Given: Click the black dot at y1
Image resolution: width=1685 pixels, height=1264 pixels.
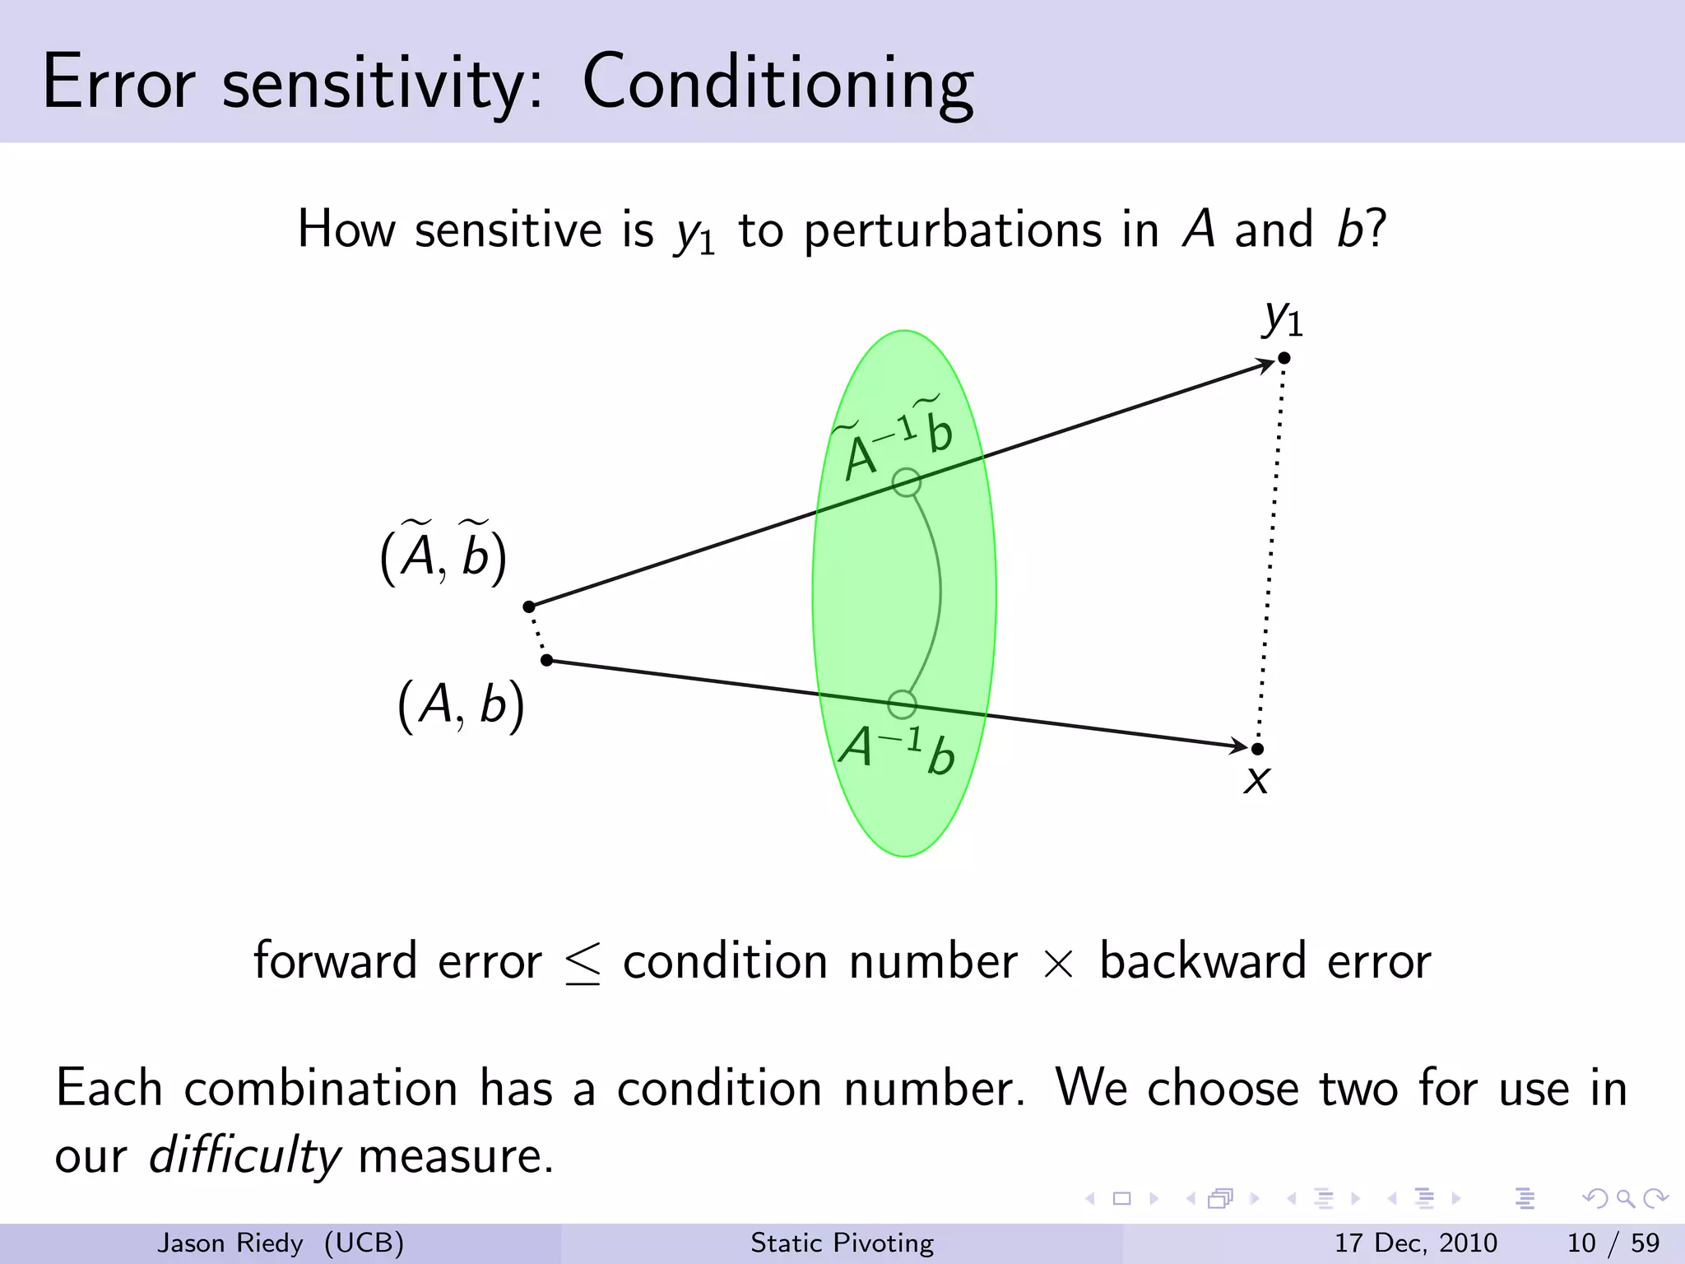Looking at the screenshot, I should pyautogui.click(x=1283, y=358).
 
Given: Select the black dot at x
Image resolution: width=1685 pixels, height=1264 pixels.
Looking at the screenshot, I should pyautogui.click(x=1257, y=749).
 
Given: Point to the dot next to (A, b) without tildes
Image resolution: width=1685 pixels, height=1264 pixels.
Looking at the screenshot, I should pyautogui.click(x=547, y=660).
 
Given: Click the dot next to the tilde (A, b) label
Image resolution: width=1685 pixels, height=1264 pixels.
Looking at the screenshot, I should pyautogui.click(x=529, y=606).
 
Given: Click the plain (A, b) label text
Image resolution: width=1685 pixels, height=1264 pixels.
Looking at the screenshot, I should pyautogui.click(x=461, y=705).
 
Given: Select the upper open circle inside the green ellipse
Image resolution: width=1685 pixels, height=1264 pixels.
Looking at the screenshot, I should pyautogui.click(x=906, y=482).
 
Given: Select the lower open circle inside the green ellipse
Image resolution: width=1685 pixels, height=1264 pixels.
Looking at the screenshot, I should pyautogui.click(x=902, y=704).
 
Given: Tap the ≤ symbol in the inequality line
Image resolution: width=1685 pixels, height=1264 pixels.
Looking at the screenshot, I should pyautogui.click(x=583, y=963).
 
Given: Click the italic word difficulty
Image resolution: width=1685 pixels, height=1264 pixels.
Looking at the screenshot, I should pyautogui.click(x=244, y=1155).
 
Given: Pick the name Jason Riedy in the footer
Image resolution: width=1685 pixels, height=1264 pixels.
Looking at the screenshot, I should pyautogui.click(x=230, y=1243).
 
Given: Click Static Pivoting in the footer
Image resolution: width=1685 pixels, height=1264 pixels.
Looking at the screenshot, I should pyautogui.click(x=842, y=1243).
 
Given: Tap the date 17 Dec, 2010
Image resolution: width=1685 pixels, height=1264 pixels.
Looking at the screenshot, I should pyautogui.click(x=1415, y=1243).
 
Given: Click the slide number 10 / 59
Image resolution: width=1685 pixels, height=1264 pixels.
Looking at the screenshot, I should pyautogui.click(x=1613, y=1243).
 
